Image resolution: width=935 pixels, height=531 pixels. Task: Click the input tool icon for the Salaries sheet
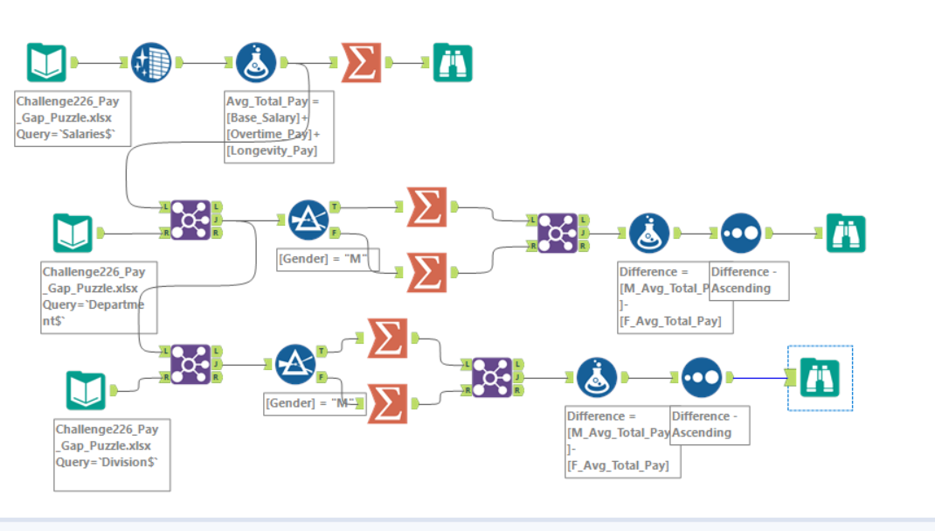(46, 63)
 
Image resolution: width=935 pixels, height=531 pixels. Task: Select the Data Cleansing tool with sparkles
(151, 63)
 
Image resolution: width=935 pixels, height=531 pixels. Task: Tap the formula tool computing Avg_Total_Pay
(256, 63)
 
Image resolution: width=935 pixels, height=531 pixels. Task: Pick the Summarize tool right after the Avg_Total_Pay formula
(361, 63)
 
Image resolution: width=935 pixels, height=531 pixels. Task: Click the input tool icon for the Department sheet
(73, 233)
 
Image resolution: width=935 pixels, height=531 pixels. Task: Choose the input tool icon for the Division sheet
(86, 391)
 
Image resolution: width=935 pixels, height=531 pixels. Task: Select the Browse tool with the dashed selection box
(820, 378)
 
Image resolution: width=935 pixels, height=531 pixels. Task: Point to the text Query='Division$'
(107, 462)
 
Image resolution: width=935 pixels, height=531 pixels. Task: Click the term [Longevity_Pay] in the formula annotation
(271, 151)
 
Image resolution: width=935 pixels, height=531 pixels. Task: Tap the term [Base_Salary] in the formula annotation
(267, 117)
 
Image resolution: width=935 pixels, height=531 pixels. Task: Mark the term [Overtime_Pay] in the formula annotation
(270, 134)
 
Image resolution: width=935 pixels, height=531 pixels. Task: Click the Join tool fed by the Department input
(190, 220)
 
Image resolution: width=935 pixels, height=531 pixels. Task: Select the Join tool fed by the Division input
(190, 363)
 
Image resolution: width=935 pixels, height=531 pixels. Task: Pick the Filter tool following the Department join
(308, 220)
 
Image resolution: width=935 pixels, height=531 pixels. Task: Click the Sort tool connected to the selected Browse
(702, 378)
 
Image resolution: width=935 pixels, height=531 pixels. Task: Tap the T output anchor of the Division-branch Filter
(321, 351)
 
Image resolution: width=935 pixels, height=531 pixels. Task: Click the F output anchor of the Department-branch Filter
(334, 234)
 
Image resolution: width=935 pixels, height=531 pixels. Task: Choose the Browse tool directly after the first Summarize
(453, 63)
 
